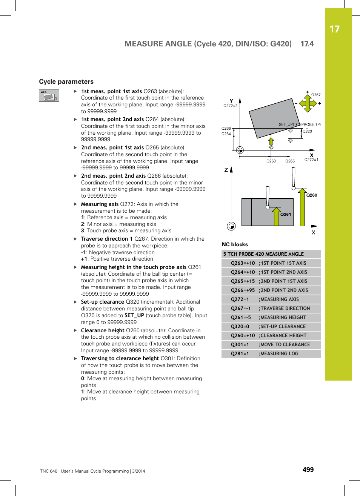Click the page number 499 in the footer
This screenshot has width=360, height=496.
pyautogui.click(x=308, y=470)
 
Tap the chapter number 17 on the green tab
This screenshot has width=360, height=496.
pyautogui.click(x=334, y=29)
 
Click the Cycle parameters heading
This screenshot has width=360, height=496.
pyautogui.click(x=66, y=81)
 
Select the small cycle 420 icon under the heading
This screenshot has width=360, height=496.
pyautogui.click(x=49, y=95)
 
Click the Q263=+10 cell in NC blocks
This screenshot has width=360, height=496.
pyautogui.click(x=243, y=263)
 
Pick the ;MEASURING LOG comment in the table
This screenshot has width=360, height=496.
pyautogui.click(x=278, y=354)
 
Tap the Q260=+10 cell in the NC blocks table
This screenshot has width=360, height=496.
pyautogui.click(x=243, y=336)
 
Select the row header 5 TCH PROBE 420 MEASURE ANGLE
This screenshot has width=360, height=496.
pyautogui.click(x=263, y=254)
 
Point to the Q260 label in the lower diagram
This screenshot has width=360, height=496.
pyautogui.click(x=312, y=195)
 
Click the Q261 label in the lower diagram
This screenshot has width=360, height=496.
pyautogui.click(x=286, y=214)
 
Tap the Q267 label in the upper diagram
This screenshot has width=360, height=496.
pyautogui.click(x=316, y=95)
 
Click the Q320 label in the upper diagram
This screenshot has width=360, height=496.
pyautogui.click(x=308, y=131)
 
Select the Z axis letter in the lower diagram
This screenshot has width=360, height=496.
pyautogui.click(x=226, y=170)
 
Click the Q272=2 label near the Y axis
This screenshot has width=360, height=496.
pyautogui.click(x=230, y=106)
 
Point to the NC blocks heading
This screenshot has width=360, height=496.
pyautogui.click(x=235, y=244)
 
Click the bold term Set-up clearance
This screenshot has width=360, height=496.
pyautogui.click(x=102, y=302)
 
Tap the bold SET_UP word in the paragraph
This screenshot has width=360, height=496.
pyautogui.click(x=134, y=315)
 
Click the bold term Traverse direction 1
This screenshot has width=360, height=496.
pyautogui.click(x=107, y=239)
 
